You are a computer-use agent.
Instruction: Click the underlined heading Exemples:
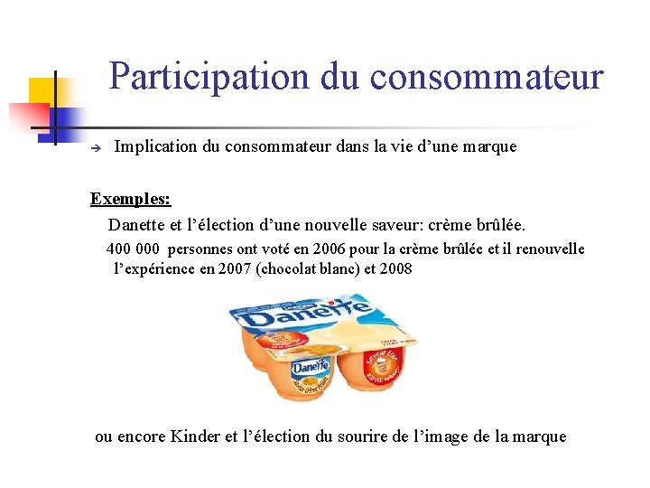coord(131,198)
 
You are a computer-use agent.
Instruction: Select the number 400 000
coord(134,249)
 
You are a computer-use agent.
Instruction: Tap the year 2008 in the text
coord(395,268)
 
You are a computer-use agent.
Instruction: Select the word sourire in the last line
coord(366,436)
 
